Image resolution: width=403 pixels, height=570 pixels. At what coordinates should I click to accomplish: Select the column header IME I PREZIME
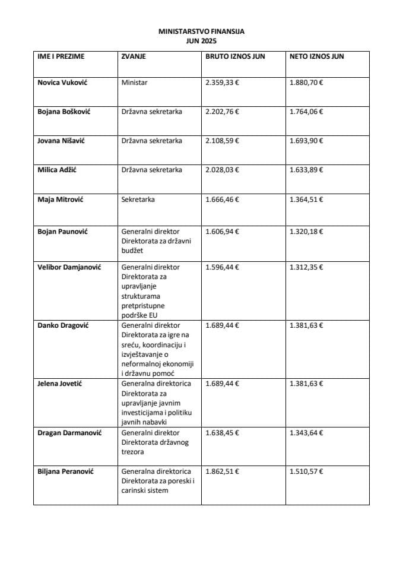tap(61, 56)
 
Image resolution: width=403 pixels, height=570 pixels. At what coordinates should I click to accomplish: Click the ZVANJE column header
tap(134, 56)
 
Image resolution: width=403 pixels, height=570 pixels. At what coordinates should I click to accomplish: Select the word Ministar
tap(134, 83)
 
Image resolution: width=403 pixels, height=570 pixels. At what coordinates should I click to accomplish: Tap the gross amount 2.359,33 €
tap(222, 83)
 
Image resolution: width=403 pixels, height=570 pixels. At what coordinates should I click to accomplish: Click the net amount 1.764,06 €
tap(306, 112)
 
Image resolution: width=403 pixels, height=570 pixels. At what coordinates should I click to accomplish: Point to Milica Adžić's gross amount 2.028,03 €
tap(222, 170)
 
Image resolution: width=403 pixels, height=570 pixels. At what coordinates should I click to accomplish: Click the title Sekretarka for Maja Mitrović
tap(138, 199)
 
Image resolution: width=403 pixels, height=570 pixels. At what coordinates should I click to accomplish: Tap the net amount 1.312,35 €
tap(306, 267)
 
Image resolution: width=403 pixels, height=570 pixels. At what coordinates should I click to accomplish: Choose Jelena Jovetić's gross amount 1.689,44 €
tap(222, 384)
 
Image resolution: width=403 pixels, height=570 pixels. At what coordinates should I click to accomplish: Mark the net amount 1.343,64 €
tap(306, 433)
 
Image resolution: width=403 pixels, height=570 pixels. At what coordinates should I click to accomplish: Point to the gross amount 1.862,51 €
tap(222, 471)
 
